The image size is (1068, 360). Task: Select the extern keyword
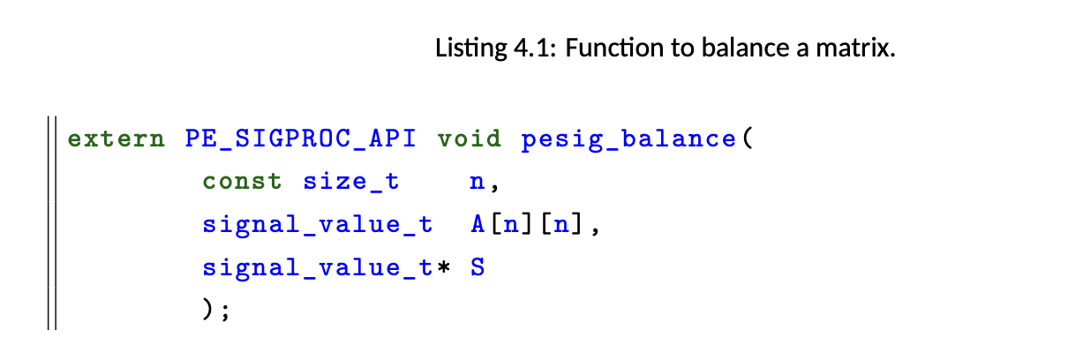point(117,139)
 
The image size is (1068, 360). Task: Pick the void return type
point(470,139)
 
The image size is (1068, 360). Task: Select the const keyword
point(242,182)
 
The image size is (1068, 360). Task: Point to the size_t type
point(351,182)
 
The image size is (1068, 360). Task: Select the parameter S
point(478,266)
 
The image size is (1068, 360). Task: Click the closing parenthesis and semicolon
point(216,309)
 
